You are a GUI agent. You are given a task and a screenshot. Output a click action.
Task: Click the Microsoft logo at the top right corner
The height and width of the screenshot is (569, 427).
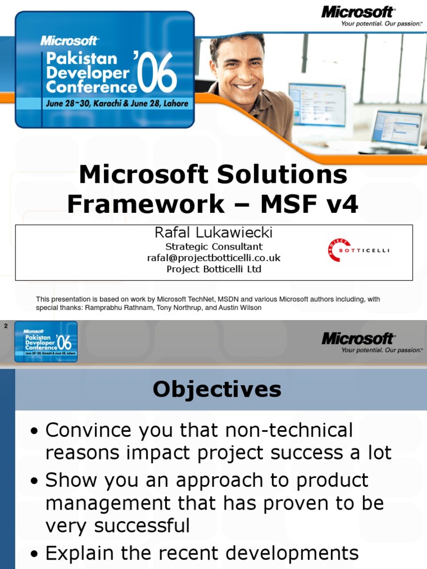coord(358,12)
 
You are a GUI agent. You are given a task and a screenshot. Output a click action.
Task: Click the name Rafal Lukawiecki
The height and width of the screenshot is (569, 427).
coord(213,232)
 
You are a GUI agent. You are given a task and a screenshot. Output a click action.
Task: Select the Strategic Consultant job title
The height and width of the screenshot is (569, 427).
coord(213,246)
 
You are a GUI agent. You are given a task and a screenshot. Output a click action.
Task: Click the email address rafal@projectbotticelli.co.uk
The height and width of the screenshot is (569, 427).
coord(213,258)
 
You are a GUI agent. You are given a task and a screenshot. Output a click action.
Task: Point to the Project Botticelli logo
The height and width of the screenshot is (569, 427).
coord(359,251)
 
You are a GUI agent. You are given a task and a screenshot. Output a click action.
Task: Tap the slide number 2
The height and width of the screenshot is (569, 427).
coord(6,326)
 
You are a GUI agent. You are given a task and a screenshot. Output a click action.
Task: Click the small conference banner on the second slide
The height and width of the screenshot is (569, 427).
coord(46,341)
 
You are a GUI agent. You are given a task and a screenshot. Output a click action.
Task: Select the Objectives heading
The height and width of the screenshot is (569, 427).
coord(217,389)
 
